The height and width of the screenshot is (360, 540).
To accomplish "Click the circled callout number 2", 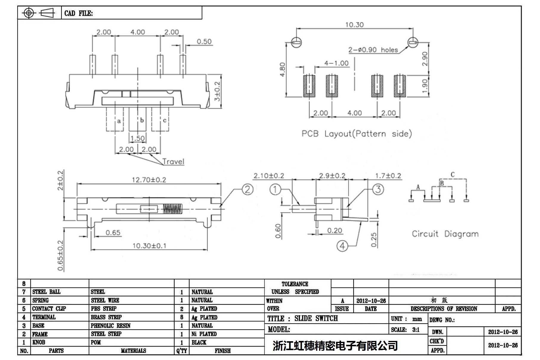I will pyautogui.click(x=247, y=189).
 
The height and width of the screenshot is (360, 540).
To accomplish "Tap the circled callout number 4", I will pyautogui.click(x=342, y=246).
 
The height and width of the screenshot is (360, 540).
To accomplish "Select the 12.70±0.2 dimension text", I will pyautogui.click(x=149, y=180).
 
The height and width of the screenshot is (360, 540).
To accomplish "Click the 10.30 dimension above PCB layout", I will pyautogui.click(x=354, y=25).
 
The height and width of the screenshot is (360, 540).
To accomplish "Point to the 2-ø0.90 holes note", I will pyautogui.click(x=373, y=50).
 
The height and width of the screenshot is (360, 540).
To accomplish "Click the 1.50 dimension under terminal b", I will pyautogui.click(x=137, y=138).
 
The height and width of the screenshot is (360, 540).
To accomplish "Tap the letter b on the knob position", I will pyautogui.click(x=142, y=120).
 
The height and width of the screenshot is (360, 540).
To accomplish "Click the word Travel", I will pyautogui.click(x=173, y=162).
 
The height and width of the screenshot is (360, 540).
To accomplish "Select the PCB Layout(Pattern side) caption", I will pyautogui.click(x=357, y=133).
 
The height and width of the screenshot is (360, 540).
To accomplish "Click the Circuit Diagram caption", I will pyautogui.click(x=445, y=234).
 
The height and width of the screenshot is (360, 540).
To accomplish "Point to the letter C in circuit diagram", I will pyautogui.click(x=452, y=174).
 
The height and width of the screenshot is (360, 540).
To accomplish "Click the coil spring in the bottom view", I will pyautogui.click(x=172, y=209).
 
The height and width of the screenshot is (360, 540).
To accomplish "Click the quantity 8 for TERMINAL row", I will pyautogui.click(x=182, y=317).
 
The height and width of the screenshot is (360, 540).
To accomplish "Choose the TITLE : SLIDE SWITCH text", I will pyautogui.click(x=302, y=318).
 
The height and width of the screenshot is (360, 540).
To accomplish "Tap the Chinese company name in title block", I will pyautogui.click(x=335, y=346).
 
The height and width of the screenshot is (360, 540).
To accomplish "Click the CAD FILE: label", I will pyautogui.click(x=79, y=13).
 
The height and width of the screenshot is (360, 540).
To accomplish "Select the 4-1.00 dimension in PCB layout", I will pyautogui.click(x=336, y=63).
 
